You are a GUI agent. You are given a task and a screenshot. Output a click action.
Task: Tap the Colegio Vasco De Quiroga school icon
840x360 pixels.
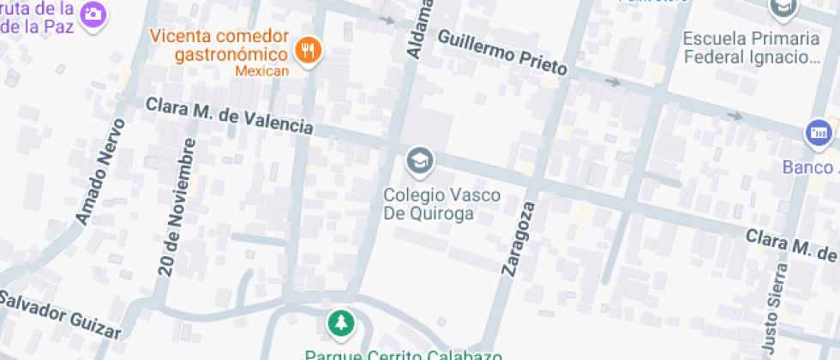click(x=419, y=160)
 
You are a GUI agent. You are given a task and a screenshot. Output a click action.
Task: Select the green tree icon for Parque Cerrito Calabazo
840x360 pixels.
click(x=341, y=323)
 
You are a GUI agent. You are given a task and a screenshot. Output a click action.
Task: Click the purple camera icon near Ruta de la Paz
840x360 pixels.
click(x=93, y=14)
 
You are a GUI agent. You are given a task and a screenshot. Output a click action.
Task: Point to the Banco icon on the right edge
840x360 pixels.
click(x=819, y=133)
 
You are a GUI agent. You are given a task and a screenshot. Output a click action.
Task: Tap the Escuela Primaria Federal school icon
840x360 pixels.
click(x=783, y=9)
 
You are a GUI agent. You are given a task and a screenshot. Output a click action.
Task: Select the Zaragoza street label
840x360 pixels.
click(x=517, y=238)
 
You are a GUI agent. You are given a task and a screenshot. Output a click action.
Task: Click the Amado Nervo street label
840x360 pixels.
click(x=100, y=171)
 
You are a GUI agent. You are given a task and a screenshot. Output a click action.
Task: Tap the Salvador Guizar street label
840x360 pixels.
click(x=60, y=315)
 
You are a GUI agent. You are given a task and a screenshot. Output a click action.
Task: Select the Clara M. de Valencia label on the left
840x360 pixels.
click(x=229, y=116)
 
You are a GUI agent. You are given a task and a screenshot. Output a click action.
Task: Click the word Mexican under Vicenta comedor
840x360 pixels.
click(x=261, y=71)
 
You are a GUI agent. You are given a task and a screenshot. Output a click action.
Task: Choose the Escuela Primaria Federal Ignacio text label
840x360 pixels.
click(x=751, y=48)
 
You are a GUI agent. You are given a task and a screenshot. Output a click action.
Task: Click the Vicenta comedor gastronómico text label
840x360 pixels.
click(x=219, y=45)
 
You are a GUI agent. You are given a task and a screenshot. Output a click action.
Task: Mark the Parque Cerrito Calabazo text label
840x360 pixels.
click(x=403, y=354)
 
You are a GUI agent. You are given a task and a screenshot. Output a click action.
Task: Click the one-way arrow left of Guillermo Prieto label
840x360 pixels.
click(x=387, y=20)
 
